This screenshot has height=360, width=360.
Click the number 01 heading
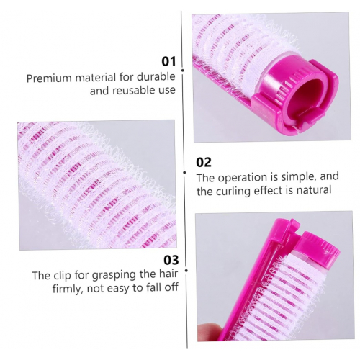[x=168, y=61]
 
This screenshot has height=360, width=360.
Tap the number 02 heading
[x=204, y=163]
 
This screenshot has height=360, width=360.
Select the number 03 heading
[x=171, y=260]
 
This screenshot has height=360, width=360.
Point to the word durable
[x=156, y=77]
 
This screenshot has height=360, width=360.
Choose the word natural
[x=314, y=190]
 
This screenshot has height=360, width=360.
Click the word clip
[x=62, y=276]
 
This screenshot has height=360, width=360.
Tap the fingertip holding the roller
[x=209, y=332]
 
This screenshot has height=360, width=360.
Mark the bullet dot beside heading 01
[x=183, y=71]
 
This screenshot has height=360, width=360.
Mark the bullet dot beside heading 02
[x=184, y=172]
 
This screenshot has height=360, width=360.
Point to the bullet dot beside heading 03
[x=186, y=271]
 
